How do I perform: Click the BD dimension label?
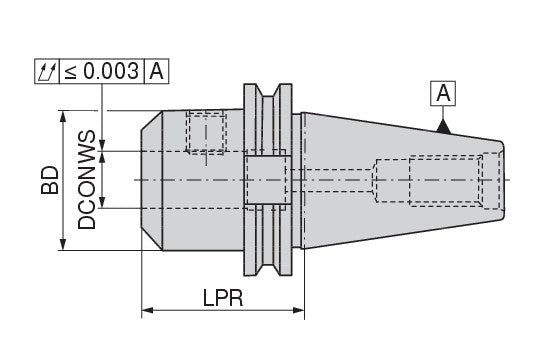(50, 180)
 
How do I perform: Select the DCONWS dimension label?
(87, 180)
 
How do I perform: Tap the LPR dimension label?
(223, 298)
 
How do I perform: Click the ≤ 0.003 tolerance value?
(102, 71)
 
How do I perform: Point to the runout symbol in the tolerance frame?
(47, 71)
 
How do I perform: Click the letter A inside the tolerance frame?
(157, 71)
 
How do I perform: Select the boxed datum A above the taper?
(443, 93)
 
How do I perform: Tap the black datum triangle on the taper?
(443, 127)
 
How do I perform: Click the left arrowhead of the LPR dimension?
(147, 310)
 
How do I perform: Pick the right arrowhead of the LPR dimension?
(299, 310)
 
